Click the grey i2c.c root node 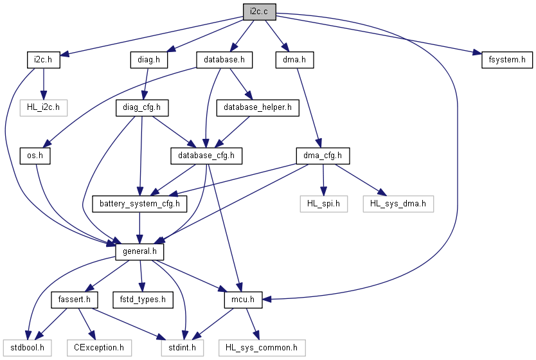[260, 12]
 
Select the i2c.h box [44, 60]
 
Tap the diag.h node [149, 60]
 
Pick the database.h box [224, 60]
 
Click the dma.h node [294, 60]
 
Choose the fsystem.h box [507, 60]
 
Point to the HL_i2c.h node [44, 108]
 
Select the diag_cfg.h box [142, 108]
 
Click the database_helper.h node [258, 108]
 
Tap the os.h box [35, 156]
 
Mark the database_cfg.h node [206, 156]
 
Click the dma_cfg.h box [323, 156]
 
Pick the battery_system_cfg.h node [139, 204]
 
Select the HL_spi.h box [324, 204]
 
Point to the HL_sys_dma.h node [398, 204]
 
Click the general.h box [139, 252]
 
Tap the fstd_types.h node [143, 300]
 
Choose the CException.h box [99, 348]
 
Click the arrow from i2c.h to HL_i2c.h [44, 84]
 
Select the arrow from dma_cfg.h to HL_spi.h [323, 180]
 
